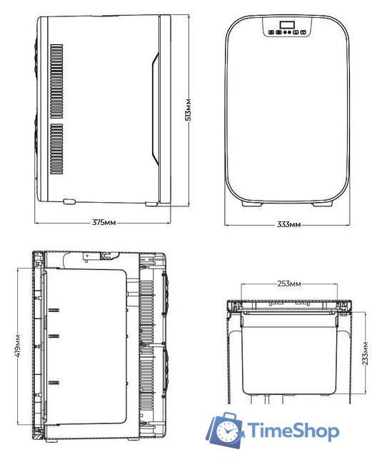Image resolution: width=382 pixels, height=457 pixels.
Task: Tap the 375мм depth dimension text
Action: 104,222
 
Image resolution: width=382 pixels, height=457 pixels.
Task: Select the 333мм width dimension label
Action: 289,224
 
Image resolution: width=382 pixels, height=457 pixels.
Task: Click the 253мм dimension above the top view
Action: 288,283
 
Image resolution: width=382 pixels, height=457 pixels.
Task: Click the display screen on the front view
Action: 288,27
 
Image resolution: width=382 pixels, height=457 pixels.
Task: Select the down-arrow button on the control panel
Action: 303,31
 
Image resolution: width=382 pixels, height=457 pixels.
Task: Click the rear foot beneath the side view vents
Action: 69,203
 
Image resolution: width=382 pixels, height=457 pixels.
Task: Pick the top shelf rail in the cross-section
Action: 53,309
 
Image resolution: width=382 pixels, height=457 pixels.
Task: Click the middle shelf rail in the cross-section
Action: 53,335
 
